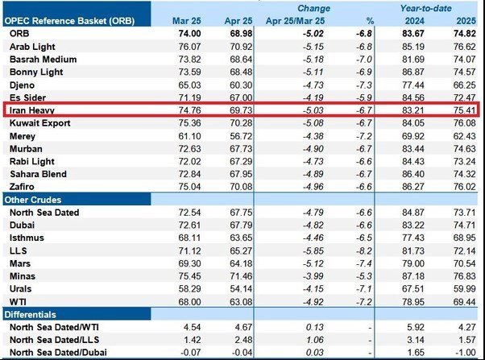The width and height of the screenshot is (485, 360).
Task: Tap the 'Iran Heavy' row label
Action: click(x=31, y=110)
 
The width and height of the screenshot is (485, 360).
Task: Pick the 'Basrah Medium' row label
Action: click(x=43, y=59)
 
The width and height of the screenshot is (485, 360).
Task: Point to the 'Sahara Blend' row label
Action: click(x=38, y=173)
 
